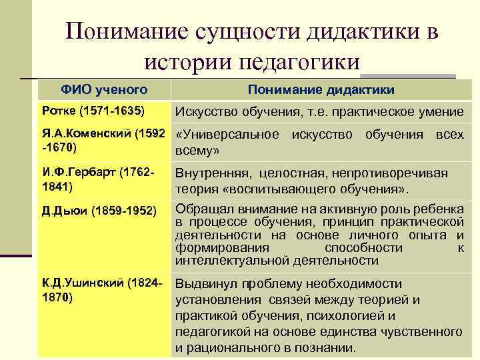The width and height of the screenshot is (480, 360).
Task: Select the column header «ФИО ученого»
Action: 105,89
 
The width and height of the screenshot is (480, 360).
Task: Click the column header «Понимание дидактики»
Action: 321,90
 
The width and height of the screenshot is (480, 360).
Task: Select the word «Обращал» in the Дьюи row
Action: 198,208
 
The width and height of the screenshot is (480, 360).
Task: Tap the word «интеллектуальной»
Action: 225,259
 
